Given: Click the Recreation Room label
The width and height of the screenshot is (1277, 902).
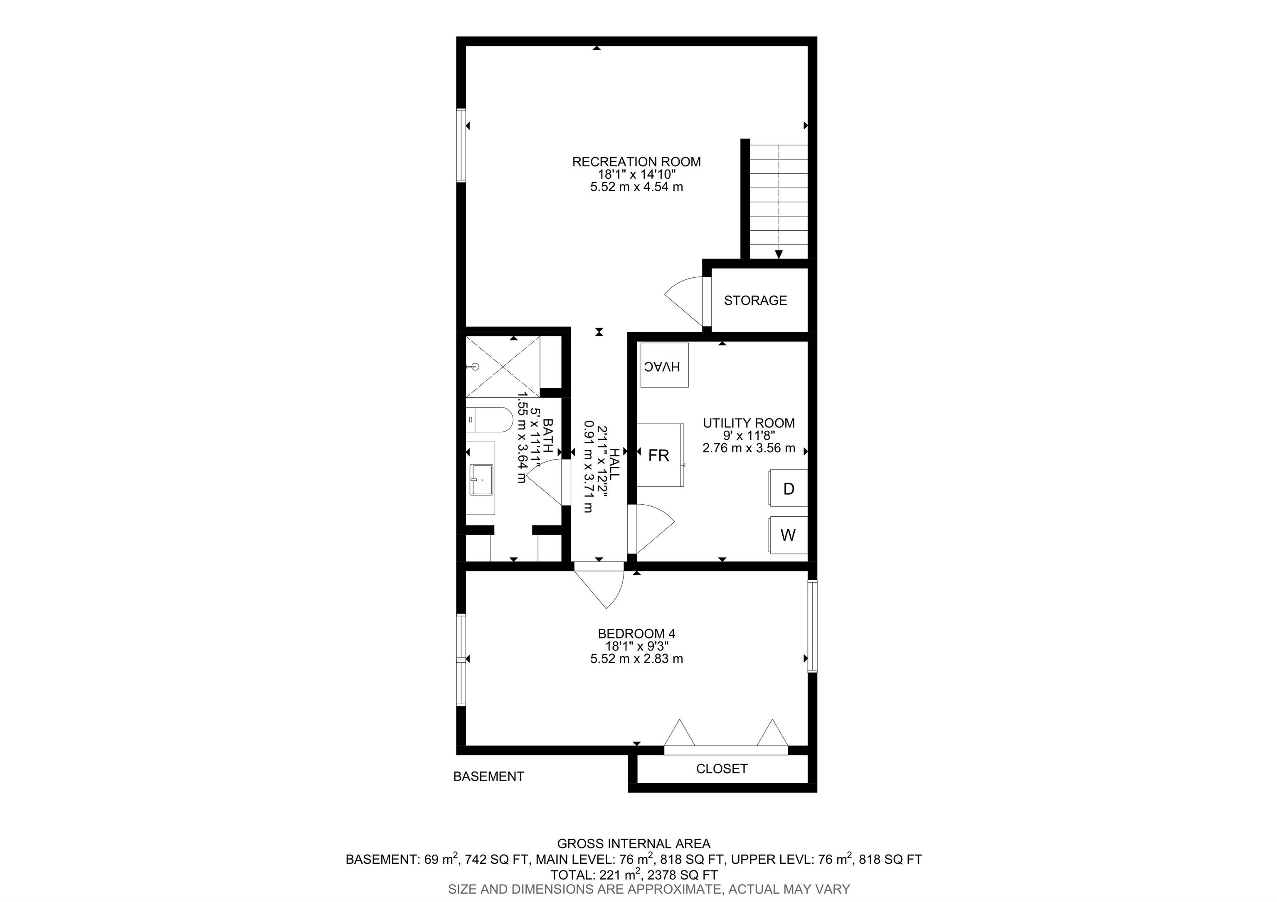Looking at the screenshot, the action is pyautogui.click(x=636, y=162).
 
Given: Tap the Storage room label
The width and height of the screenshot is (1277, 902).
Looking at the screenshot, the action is pyautogui.click(x=755, y=300).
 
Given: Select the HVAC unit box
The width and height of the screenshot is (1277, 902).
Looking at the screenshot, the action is pyautogui.click(x=664, y=365).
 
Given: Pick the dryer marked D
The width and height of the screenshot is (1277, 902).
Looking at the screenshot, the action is pyautogui.click(x=788, y=488).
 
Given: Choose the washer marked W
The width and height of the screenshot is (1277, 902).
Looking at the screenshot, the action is pyautogui.click(x=788, y=535).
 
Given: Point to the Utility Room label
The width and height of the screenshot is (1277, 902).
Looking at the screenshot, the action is pyautogui.click(x=749, y=423).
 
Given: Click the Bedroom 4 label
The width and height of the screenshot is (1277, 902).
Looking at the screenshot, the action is pyautogui.click(x=636, y=633).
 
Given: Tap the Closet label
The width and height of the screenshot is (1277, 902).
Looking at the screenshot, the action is pyautogui.click(x=722, y=769).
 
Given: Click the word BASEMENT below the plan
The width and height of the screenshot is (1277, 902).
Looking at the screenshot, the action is pyautogui.click(x=488, y=776).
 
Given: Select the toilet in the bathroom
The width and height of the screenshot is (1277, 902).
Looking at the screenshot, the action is pyautogui.click(x=489, y=420).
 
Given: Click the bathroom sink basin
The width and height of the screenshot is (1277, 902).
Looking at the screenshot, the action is pyautogui.click(x=482, y=479).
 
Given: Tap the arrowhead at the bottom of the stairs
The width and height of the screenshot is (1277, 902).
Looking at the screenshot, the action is pyautogui.click(x=779, y=254).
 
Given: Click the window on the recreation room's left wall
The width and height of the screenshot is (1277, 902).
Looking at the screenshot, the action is pyautogui.click(x=461, y=145).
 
